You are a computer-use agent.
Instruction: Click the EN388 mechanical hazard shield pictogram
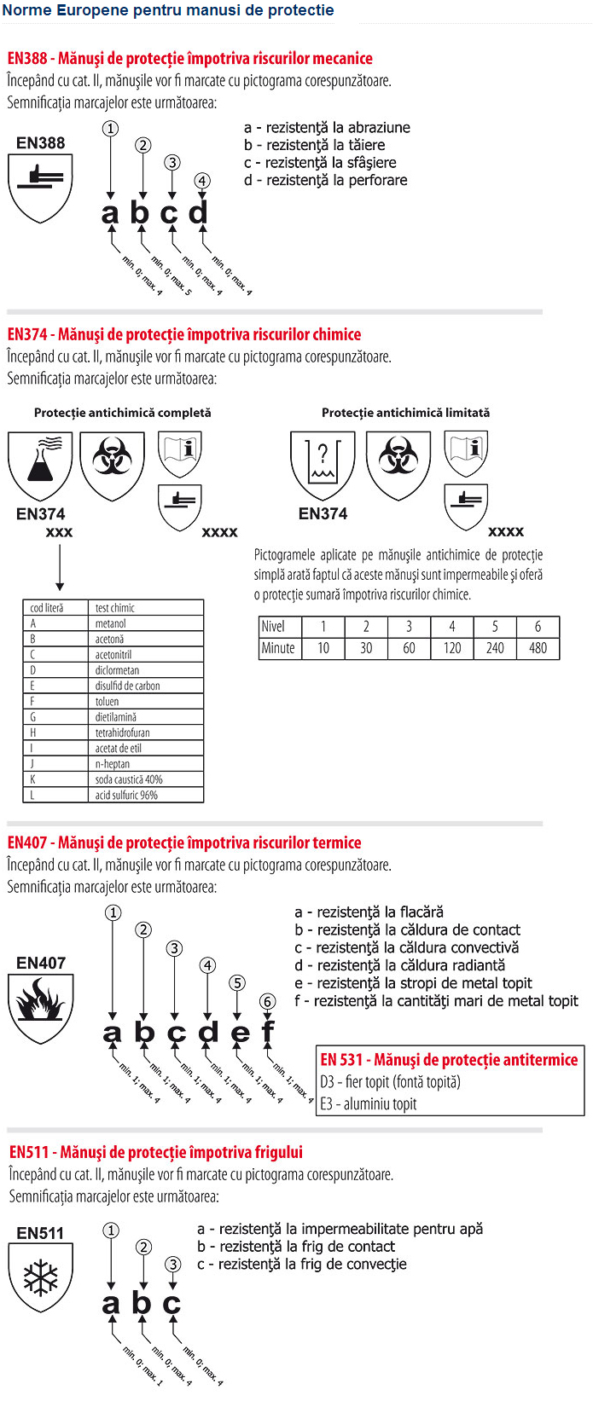(40, 187)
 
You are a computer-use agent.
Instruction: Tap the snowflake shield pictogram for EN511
(40, 1277)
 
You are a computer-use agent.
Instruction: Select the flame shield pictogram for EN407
(40, 1007)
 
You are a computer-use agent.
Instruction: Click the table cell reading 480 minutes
(538, 648)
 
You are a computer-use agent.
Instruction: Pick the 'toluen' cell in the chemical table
(108, 702)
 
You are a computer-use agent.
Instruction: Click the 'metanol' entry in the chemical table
(110, 623)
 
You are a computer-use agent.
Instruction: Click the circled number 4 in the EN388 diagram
(201, 181)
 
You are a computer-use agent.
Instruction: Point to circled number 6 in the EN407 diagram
(268, 1001)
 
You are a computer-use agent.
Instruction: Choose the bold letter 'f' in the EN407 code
(268, 1032)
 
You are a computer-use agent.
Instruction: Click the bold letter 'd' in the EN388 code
(199, 211)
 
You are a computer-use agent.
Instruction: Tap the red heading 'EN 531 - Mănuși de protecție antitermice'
(449, 1060)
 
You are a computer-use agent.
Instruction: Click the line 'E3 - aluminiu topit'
(369, 1104)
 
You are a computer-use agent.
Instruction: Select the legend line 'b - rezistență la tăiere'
(314, 145)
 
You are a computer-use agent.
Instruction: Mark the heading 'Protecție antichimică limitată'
(405, 413)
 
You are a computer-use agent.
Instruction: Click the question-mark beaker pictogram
(323, 466)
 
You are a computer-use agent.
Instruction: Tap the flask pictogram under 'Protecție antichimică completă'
(40, 465)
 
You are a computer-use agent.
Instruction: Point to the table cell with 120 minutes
(452, 648)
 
